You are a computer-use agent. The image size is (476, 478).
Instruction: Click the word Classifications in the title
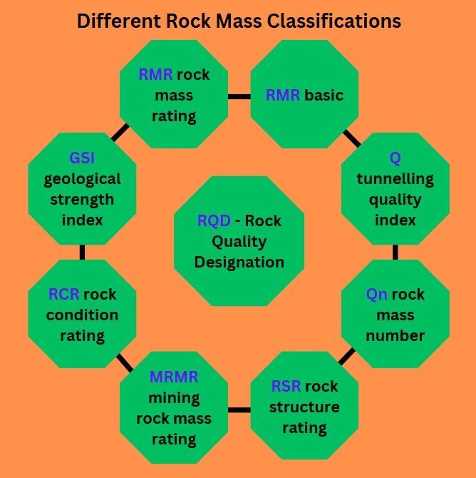tap(334, 21)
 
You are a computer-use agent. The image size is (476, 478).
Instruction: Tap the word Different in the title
tap(119, 21)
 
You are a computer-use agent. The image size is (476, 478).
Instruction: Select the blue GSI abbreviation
tap(82, 158)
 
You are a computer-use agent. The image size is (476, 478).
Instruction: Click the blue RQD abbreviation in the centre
tap(214, 221)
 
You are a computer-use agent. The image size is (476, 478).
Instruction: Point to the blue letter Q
tap(395, 158)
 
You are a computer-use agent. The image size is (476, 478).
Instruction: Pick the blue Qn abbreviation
tap(377, 294)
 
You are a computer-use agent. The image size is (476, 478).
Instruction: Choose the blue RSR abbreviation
tap(286, 387)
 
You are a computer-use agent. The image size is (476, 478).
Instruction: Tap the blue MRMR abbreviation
tap(174, 377)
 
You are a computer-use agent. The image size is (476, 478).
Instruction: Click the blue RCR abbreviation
tap(63, 294)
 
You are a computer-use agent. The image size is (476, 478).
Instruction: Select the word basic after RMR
tap(324, 95)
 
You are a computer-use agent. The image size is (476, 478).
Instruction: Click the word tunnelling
tap(395, 178)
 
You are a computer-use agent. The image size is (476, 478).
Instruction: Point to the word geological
tap(82, 178)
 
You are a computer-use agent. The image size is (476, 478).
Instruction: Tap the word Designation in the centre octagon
tap(239, 262)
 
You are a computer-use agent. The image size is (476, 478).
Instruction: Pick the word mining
tap(174, 397)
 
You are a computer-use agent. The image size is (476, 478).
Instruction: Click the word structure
tap(304, 407)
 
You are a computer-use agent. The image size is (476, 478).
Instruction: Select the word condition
tap(82, 315)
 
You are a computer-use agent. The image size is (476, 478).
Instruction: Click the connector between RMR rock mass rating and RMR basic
tap(239, 96)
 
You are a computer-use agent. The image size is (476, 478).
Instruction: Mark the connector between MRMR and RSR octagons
tap(239, 410)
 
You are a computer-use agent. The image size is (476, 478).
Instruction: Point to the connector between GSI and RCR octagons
tap(82, 253)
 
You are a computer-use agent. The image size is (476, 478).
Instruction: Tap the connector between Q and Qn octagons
tap(395, 253)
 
